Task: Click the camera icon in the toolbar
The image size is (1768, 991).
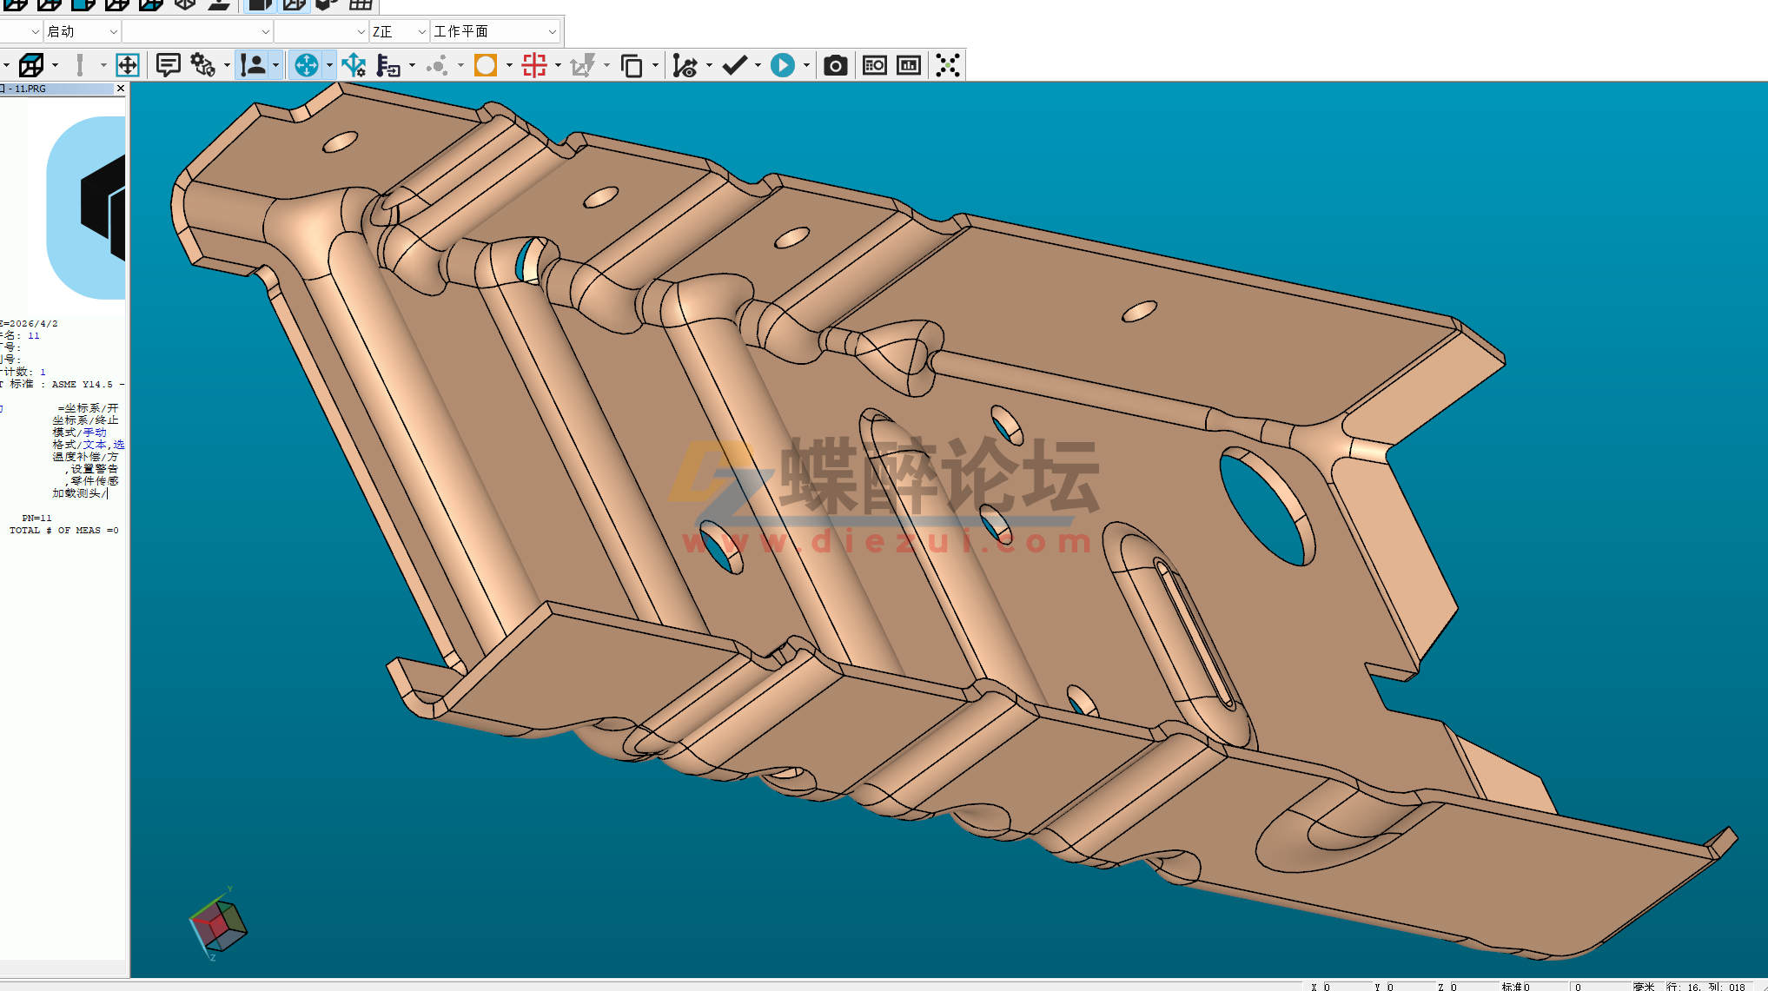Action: (x=835, y=66)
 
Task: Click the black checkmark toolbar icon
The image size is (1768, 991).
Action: (x=734, y=66)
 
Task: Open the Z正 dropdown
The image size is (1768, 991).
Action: (x=400, y=32)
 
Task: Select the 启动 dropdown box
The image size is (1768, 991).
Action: (x=83, y=32)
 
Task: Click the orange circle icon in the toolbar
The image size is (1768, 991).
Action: (x=486, y=66)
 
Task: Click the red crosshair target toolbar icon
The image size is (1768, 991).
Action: (x=534, y=66)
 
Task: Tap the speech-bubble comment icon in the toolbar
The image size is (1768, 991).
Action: (x=168, y=66)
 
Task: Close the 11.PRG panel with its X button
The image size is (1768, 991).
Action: (x=121, y=89)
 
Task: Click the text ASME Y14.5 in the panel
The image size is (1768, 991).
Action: (x=82, y=384)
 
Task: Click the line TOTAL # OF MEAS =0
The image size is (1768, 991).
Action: (x=63, y=530)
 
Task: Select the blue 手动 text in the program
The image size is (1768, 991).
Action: (x=95, y=433)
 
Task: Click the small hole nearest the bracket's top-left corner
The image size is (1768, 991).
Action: (x=340, y=142)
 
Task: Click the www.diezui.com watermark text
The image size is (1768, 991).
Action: (x=886, y=543)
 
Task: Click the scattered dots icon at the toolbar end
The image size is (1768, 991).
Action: (x=948, y=66)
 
